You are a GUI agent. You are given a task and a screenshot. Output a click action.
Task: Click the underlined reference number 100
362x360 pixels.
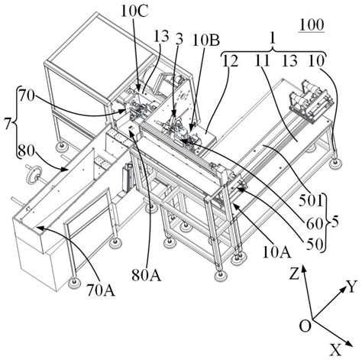coord(312,25)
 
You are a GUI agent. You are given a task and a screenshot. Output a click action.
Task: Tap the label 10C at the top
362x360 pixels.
coord(134,11)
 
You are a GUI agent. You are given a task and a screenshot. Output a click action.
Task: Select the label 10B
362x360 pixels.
coord(206,41)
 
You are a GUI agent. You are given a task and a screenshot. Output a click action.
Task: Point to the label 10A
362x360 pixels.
coord(276,253)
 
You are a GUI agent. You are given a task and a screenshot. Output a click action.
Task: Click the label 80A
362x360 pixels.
coord(147,275)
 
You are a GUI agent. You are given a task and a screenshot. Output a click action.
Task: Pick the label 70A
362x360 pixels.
coord(101,290)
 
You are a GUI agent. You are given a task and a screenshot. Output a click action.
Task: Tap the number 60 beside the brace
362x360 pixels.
coord(315,223)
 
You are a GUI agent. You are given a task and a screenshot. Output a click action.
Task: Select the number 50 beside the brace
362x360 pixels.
coord(315,245)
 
